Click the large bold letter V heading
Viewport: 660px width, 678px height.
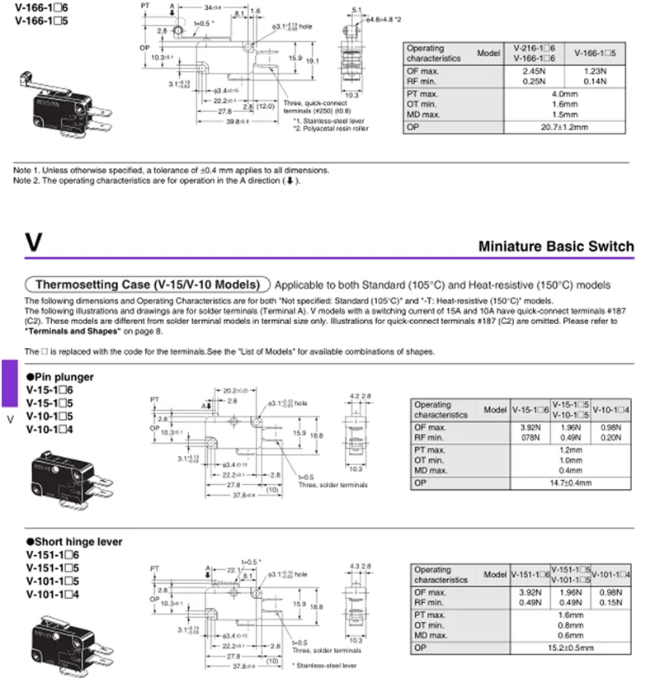(34, 242)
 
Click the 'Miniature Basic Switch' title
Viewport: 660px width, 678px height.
(556, 246)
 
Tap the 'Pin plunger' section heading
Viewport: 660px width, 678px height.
(63, 377)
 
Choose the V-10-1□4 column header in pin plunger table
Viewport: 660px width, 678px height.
(611, 410)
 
